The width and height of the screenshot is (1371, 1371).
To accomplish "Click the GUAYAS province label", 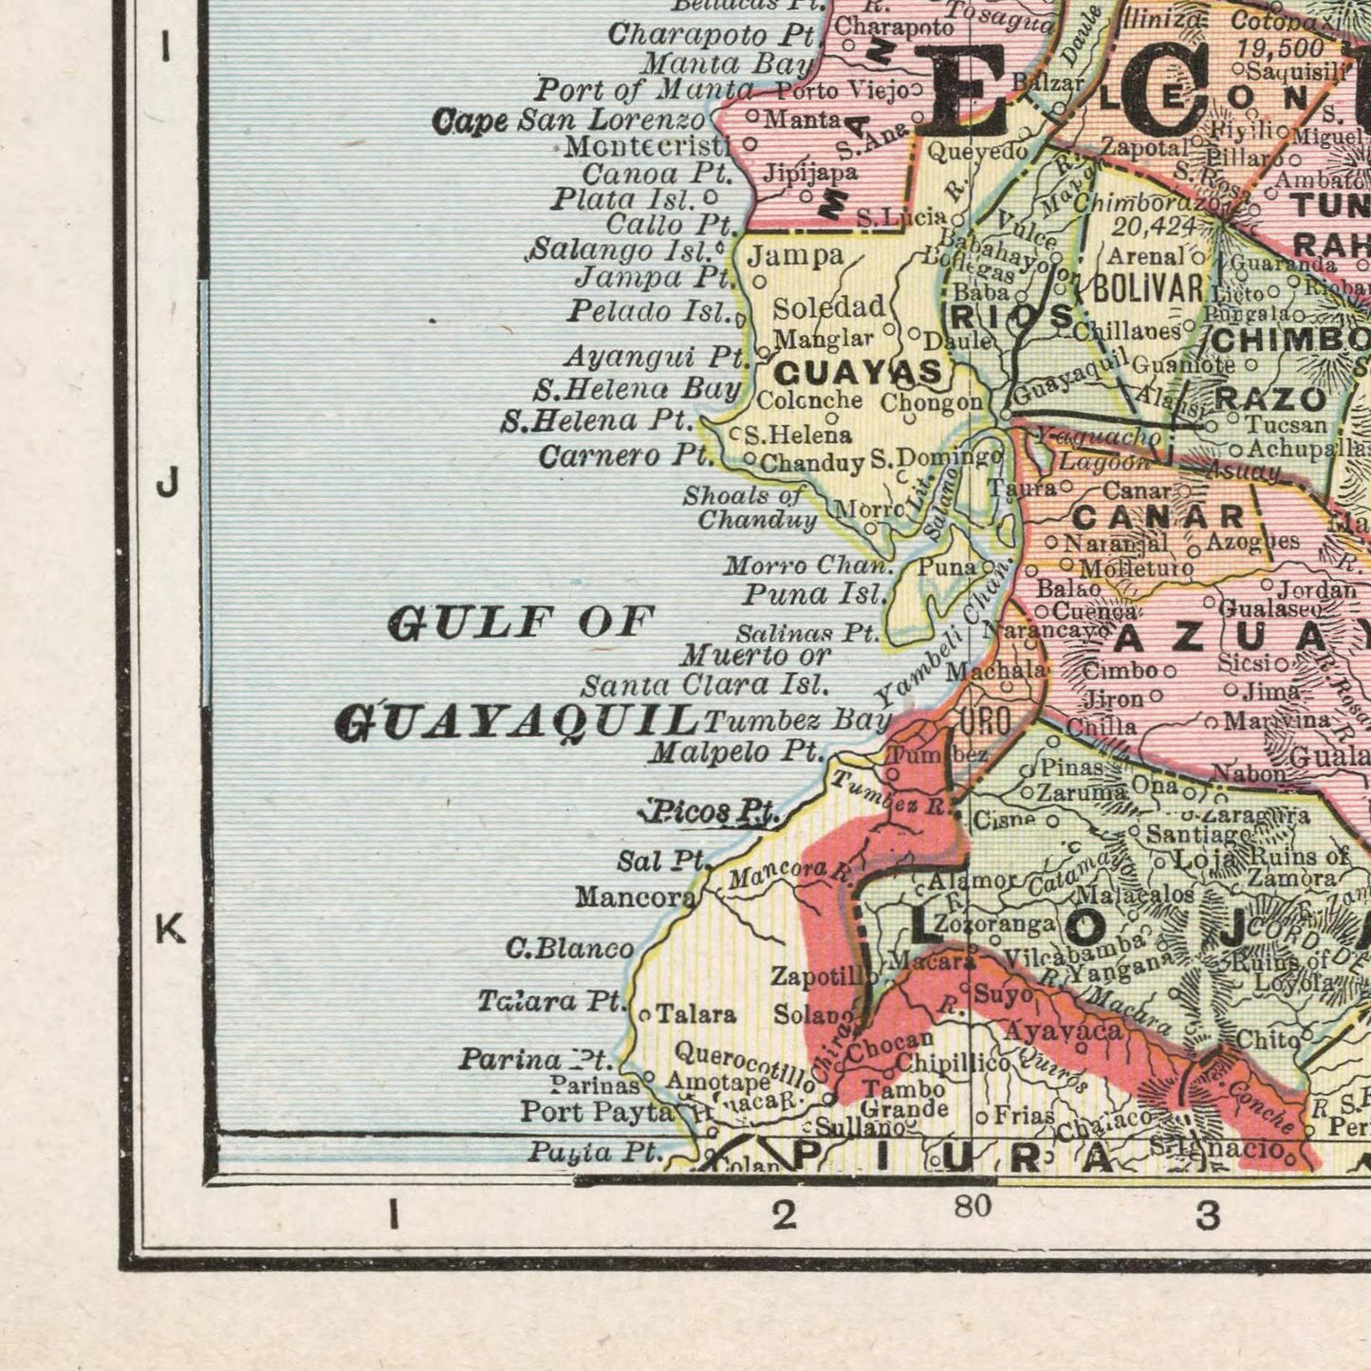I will [x=858, y=371].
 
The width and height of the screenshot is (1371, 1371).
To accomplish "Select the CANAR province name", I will [x=1158, y=517].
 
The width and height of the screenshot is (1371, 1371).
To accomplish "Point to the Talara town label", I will [x=695, y=1014].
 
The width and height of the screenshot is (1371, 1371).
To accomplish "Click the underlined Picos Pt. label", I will [x=710, y=812].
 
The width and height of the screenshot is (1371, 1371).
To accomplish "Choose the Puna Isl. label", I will [x=814, y=595].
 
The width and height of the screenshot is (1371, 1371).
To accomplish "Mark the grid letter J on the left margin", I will [x=167, y=485].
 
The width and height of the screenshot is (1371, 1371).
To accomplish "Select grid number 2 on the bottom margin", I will [x=784, y=1214].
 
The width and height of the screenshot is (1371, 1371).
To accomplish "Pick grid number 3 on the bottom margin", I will [x=1207, y=1214].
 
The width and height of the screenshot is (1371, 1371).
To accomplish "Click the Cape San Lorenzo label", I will [x=568, y=120].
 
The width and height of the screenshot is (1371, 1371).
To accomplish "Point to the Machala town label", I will [x=997, y=670].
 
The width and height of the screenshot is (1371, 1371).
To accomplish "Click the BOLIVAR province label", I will [x=1148, y=288].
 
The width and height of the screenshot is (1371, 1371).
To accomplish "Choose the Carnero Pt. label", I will [x=625, y=456].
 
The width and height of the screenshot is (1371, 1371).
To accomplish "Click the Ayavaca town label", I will [x=1063, y=1030].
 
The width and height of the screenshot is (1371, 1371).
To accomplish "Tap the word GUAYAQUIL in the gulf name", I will [x=517, y=723].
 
